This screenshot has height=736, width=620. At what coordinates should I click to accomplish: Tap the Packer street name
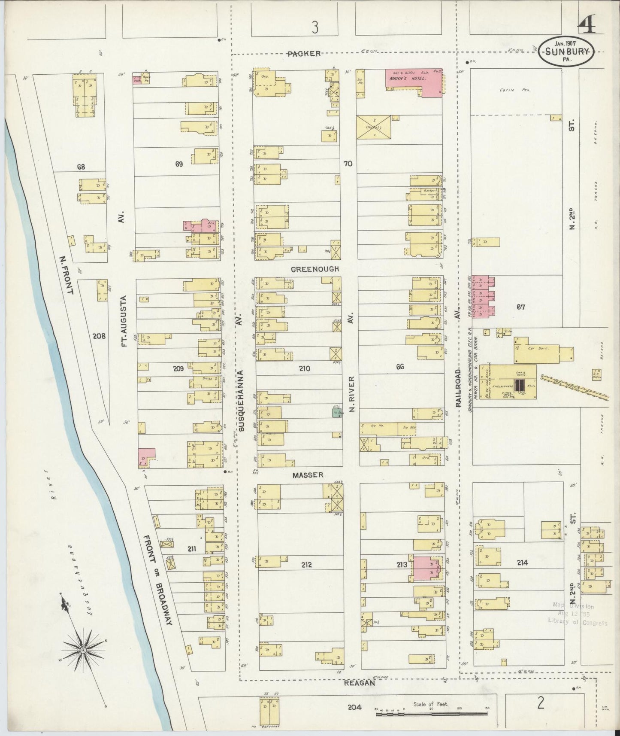304,54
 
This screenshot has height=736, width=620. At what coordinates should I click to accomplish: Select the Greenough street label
315,269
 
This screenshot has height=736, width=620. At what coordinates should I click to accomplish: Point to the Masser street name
307,475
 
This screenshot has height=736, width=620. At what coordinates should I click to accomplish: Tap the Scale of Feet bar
431,714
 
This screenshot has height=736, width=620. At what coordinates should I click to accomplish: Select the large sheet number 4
586,27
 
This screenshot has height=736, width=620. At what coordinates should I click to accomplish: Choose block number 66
400,367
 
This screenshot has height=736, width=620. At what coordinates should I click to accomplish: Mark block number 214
522,563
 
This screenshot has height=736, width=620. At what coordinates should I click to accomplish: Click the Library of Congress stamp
577,614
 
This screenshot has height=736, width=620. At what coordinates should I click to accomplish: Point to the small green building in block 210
337,413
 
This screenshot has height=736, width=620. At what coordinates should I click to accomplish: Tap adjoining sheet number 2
541,703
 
